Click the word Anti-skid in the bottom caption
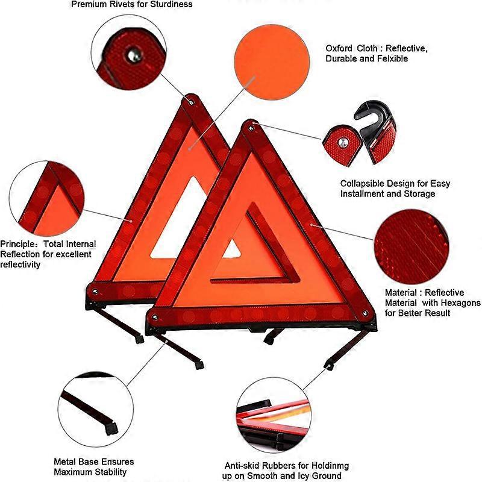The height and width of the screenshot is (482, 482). point(242,466)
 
